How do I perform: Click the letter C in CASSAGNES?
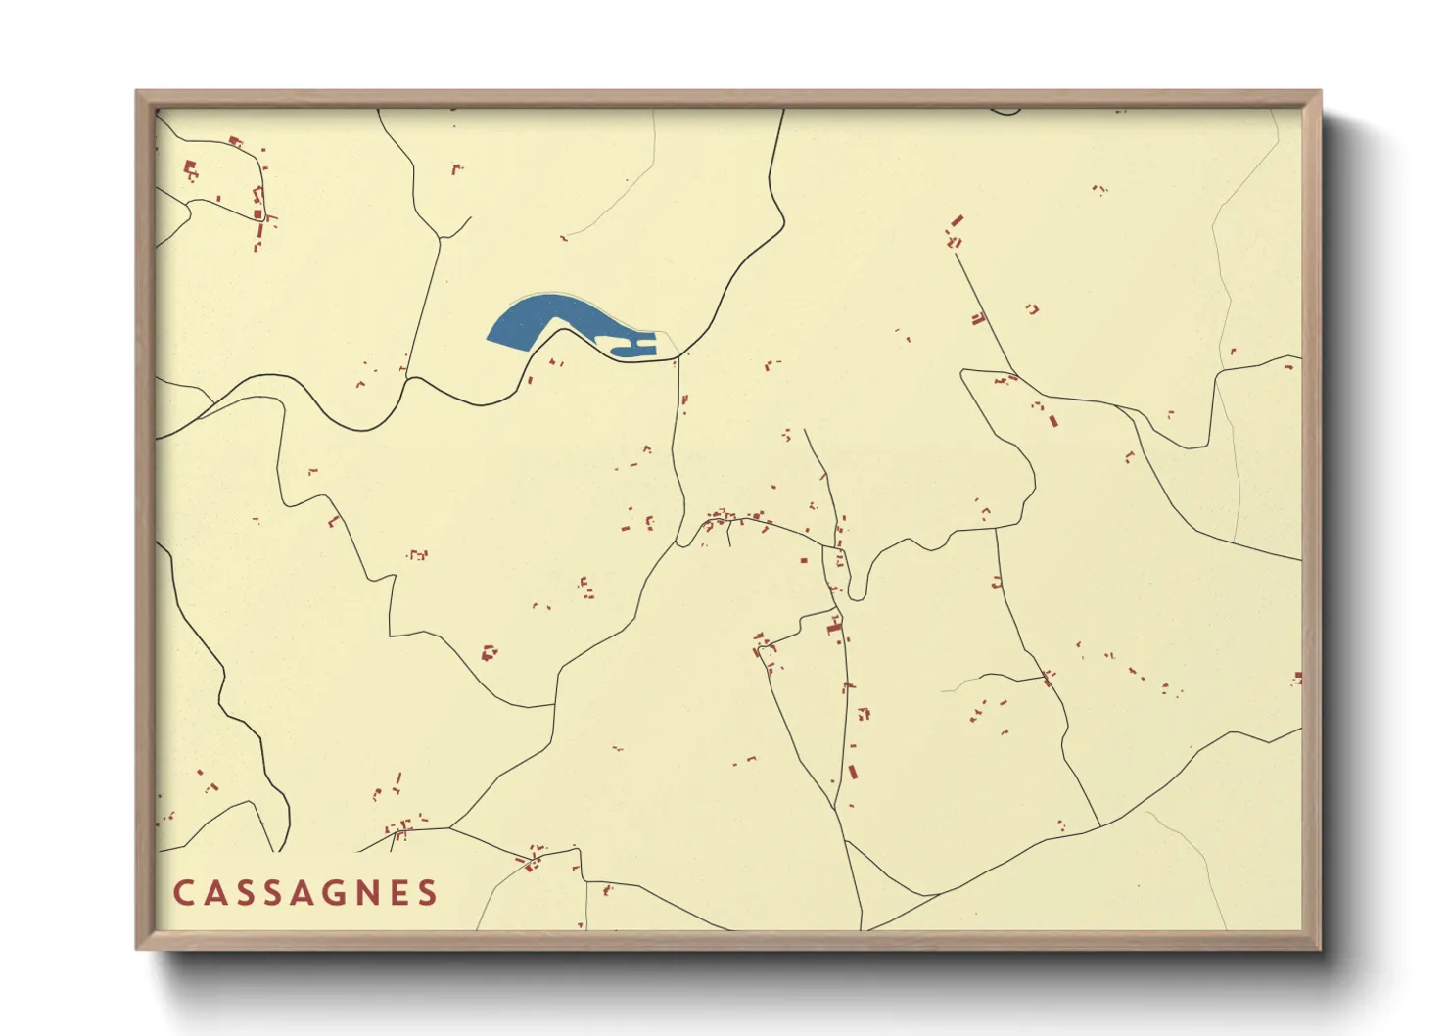183,893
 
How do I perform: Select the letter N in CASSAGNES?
368,893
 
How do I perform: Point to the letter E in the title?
398,893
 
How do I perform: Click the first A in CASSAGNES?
213,893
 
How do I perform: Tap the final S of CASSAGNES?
428,893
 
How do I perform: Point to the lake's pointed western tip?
490,339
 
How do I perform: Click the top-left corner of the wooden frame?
138,93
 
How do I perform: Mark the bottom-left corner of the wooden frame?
138,947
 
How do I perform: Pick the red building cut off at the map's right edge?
1298,678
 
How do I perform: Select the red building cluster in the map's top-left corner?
191,170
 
